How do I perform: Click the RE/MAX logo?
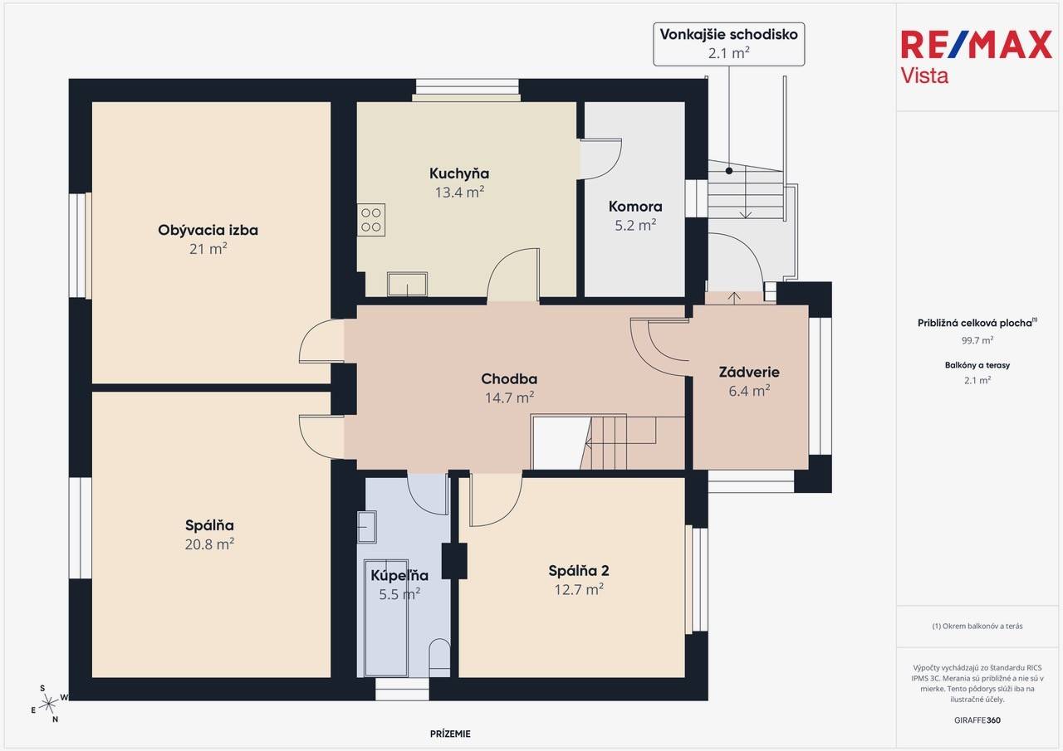976,56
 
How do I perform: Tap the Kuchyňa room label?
459,173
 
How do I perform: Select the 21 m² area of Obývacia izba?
208,249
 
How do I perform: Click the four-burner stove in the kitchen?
371,220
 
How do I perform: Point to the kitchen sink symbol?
407,284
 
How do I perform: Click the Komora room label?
635,207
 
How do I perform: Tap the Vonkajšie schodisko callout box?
729,44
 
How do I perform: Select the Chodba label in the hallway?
509,378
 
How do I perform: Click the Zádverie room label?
749,373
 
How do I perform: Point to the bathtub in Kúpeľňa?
386,617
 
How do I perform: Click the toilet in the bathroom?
439,656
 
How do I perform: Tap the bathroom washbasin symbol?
366,527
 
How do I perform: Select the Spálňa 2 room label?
579,571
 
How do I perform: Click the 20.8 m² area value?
209,544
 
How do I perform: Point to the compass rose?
49,704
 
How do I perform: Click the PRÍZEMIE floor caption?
450,734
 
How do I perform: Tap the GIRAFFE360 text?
977,720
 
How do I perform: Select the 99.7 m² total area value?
977,340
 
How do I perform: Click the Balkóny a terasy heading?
977,365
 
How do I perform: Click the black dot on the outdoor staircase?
729,171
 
